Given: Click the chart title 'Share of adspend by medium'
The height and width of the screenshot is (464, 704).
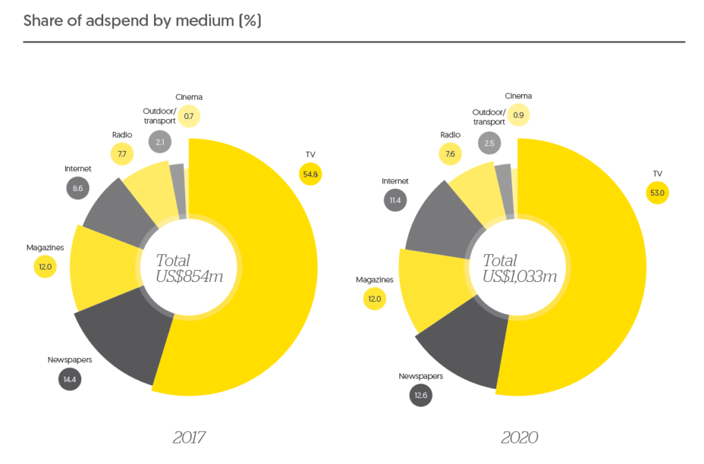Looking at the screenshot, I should [x=142, y=21].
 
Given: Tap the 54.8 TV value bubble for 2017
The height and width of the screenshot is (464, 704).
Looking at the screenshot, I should [x=310, y=174].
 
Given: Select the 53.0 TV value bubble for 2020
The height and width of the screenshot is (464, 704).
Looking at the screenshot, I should [x=657, y=192].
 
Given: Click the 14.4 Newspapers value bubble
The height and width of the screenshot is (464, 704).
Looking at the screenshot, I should [x=70, y=379].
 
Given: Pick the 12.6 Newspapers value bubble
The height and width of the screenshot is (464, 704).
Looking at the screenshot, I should [x=421, y=395].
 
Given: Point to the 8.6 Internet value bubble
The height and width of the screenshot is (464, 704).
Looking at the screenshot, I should [x=78, y=188].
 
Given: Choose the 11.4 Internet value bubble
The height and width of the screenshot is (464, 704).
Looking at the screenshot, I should [x=395, y=200].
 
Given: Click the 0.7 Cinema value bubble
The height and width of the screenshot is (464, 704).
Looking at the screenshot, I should [x=188, y=116].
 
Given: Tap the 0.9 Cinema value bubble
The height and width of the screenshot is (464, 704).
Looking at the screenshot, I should [x=518, y=115].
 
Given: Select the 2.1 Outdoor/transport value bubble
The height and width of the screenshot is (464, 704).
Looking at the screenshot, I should [x=159, y=142].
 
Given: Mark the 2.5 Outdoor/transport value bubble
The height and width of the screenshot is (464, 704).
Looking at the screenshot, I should [x=489, y=143].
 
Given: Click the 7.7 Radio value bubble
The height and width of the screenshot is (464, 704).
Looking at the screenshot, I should [x=122, y=153].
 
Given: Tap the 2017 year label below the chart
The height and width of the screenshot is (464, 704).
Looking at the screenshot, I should [x=189, y=437].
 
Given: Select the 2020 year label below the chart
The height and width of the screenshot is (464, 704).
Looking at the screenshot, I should [x=519, y=437].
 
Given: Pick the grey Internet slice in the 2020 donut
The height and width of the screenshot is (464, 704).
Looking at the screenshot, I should [x=440, y=220].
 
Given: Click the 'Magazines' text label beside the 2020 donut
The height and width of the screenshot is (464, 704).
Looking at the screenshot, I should [x=375, y=280].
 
